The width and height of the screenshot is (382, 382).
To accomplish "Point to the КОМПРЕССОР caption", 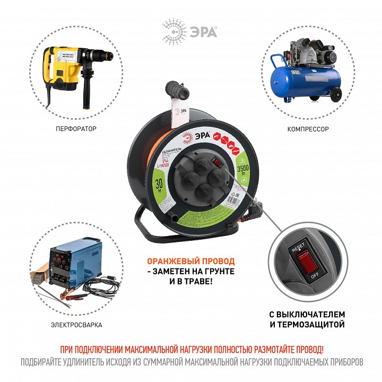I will pyautogui.click(x=309, y=128).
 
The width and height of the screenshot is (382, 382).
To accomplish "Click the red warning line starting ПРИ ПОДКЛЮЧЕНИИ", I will pyautogui.click(x=192, y=351).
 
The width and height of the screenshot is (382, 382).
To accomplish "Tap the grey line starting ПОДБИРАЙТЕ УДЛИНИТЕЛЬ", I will pyautogui.click(x=192, y=363).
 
